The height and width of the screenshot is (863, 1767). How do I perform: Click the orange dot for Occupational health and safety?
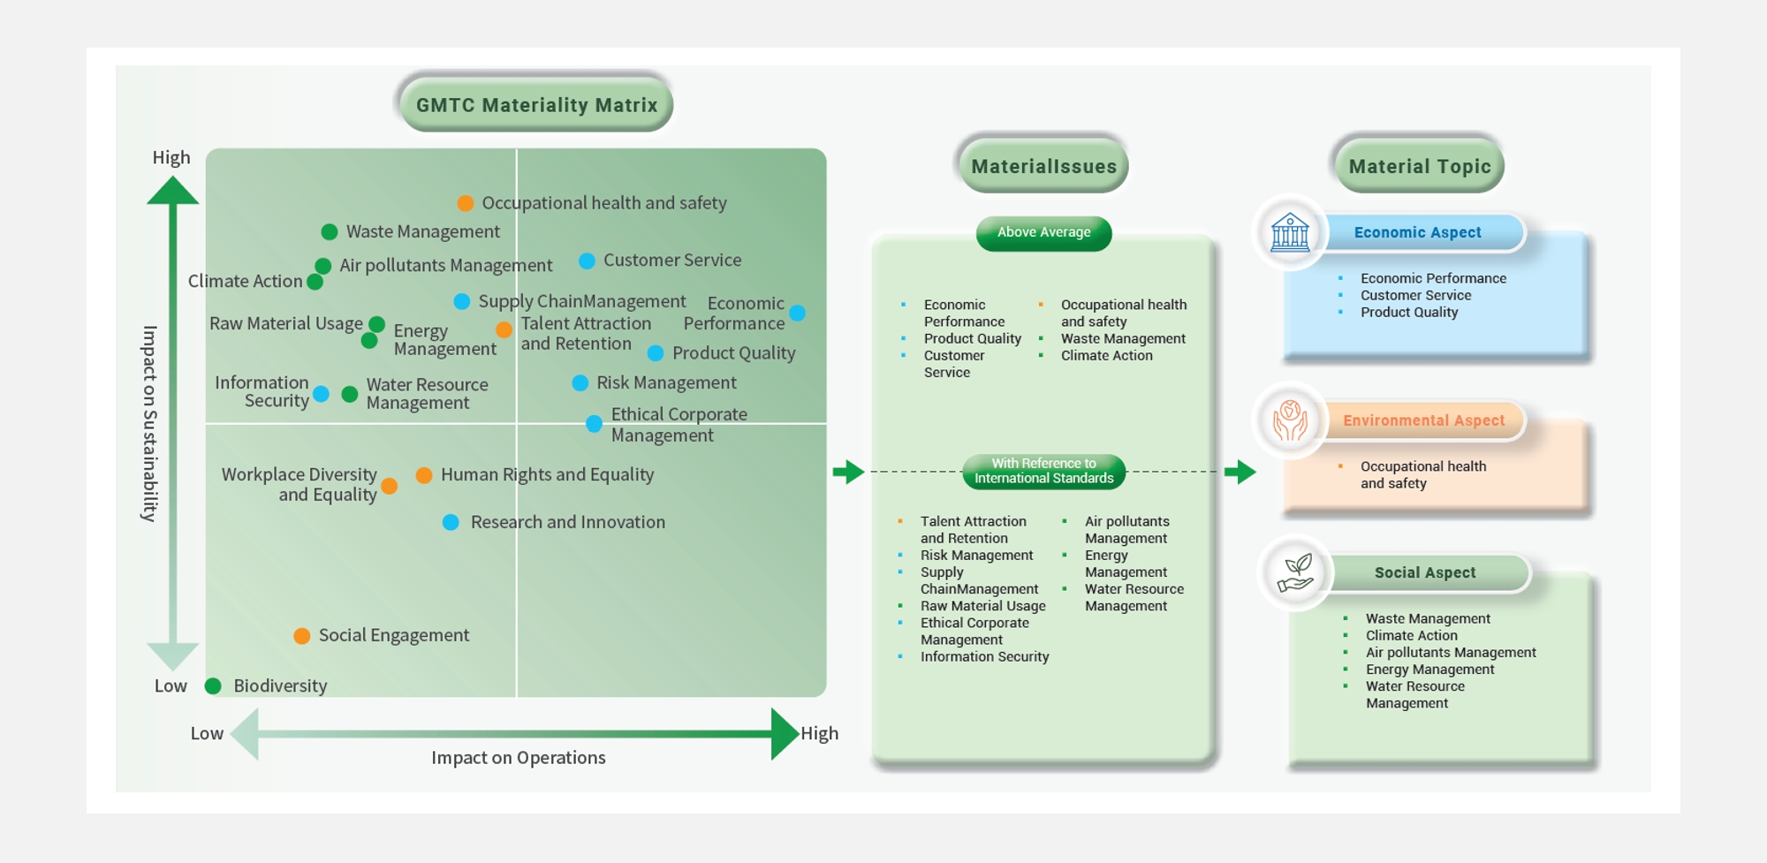pyautogui.click(x=466, y=203)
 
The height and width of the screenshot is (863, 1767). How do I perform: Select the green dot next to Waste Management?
pyautogui.click(x=330, y=231)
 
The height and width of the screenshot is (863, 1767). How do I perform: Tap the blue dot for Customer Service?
pyautogui.click(x=587, y=261)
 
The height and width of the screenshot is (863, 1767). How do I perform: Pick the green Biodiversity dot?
pyautogui.click(x=213, y=685)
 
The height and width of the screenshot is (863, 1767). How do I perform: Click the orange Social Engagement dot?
pyautogui.click(x=302, y=635)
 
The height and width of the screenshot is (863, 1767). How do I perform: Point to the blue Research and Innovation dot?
pyautogui.click(x=451, y=522)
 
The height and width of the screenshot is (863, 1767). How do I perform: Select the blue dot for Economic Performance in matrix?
pyautogui.click(x=797, y=313)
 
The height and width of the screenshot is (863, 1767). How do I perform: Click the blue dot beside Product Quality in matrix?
pyautogui.click(x=656, y=353)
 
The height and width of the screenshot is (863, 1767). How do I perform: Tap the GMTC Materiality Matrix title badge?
pyautogui.click(x=536, y=105)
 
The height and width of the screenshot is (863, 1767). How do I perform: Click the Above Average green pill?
pyautogui.click(x=1044, y=232)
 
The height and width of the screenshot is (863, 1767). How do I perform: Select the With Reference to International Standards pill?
pyautogui.click(x=1044, y=471)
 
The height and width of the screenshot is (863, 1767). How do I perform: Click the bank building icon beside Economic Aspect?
pyautogui.click(x=1290, y=232)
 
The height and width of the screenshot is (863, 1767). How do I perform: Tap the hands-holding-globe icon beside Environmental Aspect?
pyautogui.click(x=1290, y=420)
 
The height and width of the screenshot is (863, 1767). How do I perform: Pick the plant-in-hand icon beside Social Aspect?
pyautogui.click(x=1296, y=572)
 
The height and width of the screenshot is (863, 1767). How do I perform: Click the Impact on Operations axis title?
pyautogui.click(x=519, y=758)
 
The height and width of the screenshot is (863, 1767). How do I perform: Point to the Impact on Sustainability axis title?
pyautogui.click(x=150, y=423)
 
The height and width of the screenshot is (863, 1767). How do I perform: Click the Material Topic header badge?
pyautogui.click(x=1420, y=166)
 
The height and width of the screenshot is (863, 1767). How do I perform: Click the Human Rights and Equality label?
pyautogui.click(x=548, y=474)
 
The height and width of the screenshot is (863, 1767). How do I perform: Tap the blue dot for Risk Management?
pyautogui.click(x=580, y=382)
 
